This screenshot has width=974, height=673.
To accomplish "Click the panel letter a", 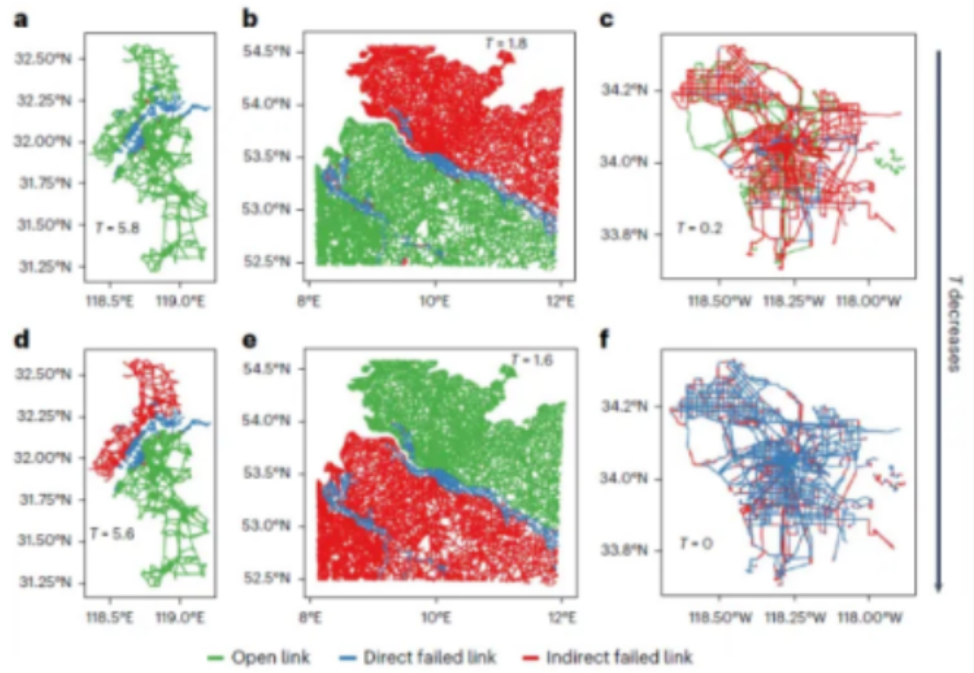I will coord(21,20).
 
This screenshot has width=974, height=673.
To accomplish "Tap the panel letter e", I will coord(249,340).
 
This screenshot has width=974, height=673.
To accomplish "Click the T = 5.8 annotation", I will coord(117,228).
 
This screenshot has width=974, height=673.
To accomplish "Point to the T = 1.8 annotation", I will coord(506,43).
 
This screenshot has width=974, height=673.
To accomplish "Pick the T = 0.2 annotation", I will coord(699,228).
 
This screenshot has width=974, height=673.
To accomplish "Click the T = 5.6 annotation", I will coord(112,533).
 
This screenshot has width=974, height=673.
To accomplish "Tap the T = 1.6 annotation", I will coord(531,360).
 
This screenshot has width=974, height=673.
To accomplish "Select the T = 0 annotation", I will coord(696,543).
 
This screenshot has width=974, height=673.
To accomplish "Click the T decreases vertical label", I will coord(953,324).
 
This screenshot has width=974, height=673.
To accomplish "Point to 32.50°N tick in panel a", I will coord(44,59).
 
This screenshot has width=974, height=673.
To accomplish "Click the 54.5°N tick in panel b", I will coord(266,52).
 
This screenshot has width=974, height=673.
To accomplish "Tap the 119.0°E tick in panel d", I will coord(180,618).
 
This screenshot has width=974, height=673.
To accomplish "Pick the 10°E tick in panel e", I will coord(436,618).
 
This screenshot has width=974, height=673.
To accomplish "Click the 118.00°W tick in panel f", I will coord(869,618).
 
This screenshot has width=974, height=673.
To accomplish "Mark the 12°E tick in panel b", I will coord(561,302).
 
